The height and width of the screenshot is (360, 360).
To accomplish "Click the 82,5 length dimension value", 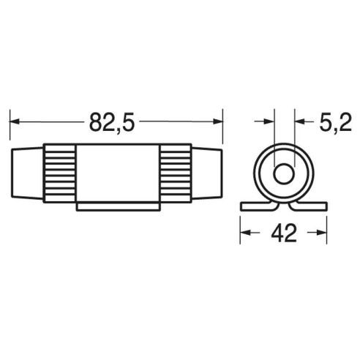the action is tap(112, 122).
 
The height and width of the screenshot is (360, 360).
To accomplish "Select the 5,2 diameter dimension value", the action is tap(335, 122).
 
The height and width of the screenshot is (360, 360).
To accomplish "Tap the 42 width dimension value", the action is tap(284, 233).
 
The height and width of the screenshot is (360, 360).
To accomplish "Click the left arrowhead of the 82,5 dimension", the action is tap(14, 121).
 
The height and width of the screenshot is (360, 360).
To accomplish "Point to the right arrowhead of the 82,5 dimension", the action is tap(218, 121).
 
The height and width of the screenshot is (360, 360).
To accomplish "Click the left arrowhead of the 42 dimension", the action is tap(245, 233).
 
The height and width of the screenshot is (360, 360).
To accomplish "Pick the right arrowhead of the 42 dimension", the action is tap(321, 233).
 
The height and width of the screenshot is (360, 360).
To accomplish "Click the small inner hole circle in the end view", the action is tap(283, 174).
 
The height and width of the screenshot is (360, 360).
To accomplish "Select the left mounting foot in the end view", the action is tap(258, 206).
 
